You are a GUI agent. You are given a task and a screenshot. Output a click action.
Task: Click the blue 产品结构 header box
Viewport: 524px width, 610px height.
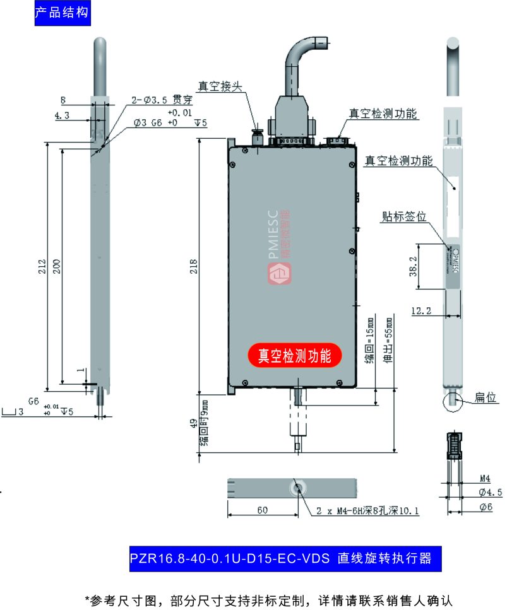[61, 13]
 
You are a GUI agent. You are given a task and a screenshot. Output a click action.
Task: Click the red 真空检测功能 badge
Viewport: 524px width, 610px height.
[294, 356]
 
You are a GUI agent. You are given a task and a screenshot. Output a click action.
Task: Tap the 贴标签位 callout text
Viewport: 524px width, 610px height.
[404, 216]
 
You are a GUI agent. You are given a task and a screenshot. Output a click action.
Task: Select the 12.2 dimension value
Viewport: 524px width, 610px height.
[422, 310]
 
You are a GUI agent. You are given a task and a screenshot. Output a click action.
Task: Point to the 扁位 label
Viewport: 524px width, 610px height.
[486, 398]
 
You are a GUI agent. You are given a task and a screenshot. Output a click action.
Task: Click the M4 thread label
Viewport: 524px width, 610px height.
[485, 478]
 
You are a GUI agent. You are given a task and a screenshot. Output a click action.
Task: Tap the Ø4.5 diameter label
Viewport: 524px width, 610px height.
[490, 492]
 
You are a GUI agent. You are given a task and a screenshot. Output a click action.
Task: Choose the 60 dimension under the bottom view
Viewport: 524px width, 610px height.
[262, 510]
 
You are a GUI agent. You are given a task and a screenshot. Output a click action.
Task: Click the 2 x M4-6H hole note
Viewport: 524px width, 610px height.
[367, 511]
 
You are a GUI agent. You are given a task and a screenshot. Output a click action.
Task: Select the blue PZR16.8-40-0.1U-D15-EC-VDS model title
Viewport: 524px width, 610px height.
[281, 558]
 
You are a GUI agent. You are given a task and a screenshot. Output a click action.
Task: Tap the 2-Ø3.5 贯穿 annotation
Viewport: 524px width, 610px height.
[162, 100]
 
